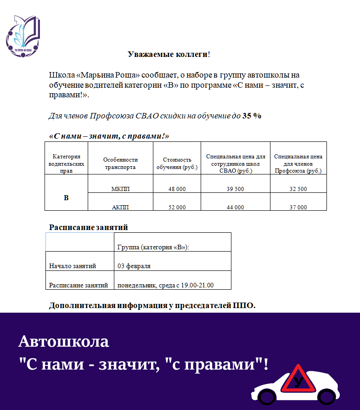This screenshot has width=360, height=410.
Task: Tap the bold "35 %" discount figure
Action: pos(252,116)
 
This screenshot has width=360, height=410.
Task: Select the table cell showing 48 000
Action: pos(177,189)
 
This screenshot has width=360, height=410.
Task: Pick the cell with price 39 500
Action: pos(236,189)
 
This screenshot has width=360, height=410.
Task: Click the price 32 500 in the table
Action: pos(298,189)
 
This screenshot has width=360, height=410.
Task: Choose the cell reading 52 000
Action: pos(177,207)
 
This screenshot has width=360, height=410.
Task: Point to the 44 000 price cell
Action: pos(236,207)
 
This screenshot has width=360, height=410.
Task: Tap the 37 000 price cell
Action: pos(298,207)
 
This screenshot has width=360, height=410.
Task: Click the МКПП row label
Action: pos(120,189)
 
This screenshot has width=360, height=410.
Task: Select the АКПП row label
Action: pos(120,207)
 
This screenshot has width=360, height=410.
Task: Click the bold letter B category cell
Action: pos(66,198)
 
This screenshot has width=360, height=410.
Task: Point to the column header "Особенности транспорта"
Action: pos(120,163)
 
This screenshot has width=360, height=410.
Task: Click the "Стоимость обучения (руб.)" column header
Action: pos(177,163)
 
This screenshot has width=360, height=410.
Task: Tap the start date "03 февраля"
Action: pos(134,266)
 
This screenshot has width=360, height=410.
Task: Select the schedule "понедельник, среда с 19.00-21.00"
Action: pos(166,285)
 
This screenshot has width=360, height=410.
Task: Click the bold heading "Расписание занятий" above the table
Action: pos(88,227)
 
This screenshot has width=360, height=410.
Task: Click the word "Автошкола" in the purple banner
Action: pos(64,342)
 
